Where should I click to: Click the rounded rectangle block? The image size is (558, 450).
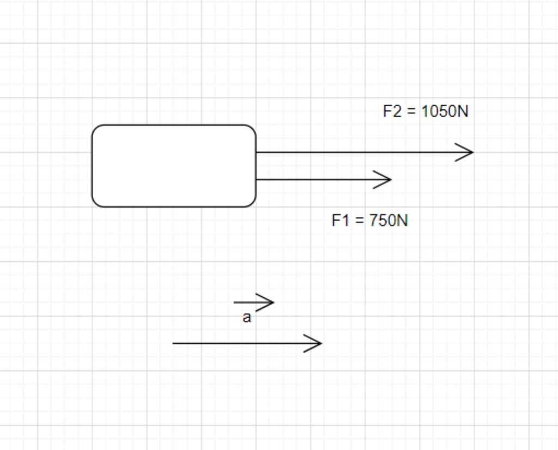(x=174, y=166)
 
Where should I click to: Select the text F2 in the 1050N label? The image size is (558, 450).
(x=392, y=112)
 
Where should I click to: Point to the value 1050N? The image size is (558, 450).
(x=445, y=112)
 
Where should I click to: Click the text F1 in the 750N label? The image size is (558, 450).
(x=340, y=221)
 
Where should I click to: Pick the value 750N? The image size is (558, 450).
(x=388, y=221)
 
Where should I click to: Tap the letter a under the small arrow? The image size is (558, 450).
(x=247, y=318)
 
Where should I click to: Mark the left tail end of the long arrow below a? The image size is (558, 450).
(x=173, y=343)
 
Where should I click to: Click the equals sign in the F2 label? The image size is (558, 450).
(x=411, y=112)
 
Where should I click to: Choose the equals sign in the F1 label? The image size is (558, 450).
(x=359, y=221)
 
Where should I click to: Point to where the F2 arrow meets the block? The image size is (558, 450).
(x=256, y=153)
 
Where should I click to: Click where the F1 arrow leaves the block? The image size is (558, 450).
(x=256, y=179)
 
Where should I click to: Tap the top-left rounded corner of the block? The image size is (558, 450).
(x=96, y=129)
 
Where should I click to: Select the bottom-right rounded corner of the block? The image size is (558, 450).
(x=252, y=203)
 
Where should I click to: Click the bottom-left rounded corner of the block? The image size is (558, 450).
(x=96, y=203)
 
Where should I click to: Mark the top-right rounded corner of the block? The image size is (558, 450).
(x=252, y=129)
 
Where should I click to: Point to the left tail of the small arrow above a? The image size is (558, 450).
(x=234, y=302)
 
